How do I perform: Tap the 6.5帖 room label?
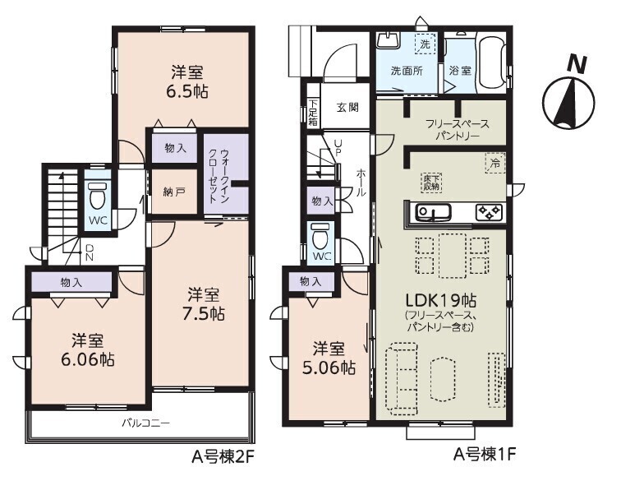[188, 81]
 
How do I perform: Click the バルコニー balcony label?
[146, 424]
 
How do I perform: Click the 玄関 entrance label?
[347, 107]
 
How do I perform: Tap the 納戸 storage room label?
[173, 192]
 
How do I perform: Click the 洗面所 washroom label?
[407, 71]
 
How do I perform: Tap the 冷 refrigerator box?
[495, 164]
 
